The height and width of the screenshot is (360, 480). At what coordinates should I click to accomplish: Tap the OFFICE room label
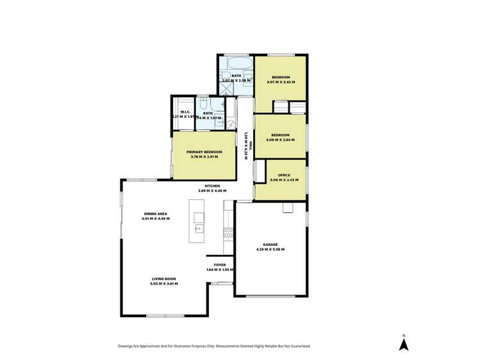coord(283,175)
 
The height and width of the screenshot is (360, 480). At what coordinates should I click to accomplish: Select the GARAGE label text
coord(270,245)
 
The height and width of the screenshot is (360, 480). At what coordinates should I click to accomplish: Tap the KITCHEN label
coord(212,186)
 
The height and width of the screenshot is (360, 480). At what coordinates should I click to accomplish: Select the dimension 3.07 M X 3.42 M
coord(281,81)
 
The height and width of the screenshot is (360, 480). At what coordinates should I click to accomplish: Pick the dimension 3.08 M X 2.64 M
coord(280,139)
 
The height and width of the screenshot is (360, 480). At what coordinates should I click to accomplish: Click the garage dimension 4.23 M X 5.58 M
coord(270,249)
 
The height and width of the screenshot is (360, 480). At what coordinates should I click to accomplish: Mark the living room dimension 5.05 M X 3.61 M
coord(164,283)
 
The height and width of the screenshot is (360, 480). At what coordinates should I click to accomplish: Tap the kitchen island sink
coord(198,228)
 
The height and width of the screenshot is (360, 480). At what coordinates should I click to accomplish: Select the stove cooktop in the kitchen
coord(228,233)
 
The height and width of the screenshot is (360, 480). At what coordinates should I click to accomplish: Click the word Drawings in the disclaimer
coord(127,346)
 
